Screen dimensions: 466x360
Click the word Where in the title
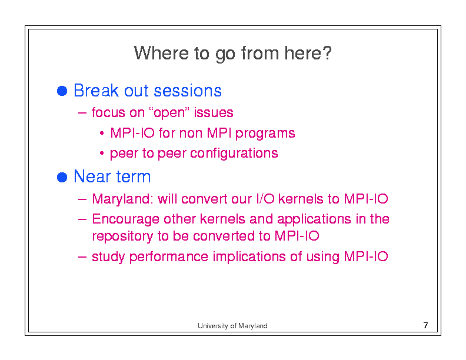pos(161,53)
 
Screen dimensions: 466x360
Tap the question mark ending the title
pos(327,53)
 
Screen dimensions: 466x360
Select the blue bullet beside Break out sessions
pos(62,91)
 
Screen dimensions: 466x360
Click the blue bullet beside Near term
pos(62,177)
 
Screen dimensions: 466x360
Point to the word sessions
pos(188,91)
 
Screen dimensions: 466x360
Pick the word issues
pos(214,112)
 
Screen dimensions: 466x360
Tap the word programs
pos(265,134)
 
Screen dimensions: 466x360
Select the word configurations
pos(234,154)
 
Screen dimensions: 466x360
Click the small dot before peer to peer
pos(102,154)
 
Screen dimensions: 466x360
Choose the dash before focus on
pos(82,113)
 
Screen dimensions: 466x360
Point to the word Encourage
pos(125,219)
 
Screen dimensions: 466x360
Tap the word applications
pos(314,219)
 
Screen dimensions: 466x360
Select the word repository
pos(122,236)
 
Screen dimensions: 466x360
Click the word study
pos(108,257)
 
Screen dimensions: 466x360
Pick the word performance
pos(169,257)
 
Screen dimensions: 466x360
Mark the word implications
pos(249,257)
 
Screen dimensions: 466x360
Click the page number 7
pos(426,325)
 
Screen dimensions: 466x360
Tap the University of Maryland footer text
pos(232,326)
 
